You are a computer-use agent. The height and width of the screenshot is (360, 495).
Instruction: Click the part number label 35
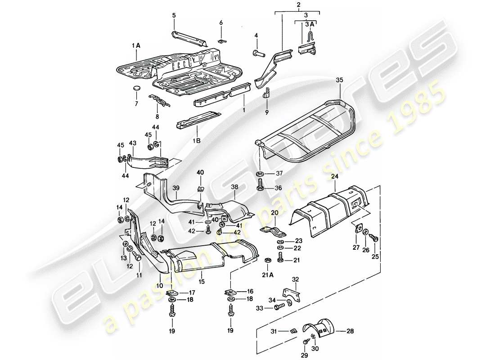[339, 81]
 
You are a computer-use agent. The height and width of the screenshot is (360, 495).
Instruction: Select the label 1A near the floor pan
[136, 45]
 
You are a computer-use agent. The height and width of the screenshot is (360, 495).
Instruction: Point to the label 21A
[267, 275]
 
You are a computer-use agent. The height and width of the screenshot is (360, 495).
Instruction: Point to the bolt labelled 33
[278, 308]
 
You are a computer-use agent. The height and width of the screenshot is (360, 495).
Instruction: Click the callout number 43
[132, 143]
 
